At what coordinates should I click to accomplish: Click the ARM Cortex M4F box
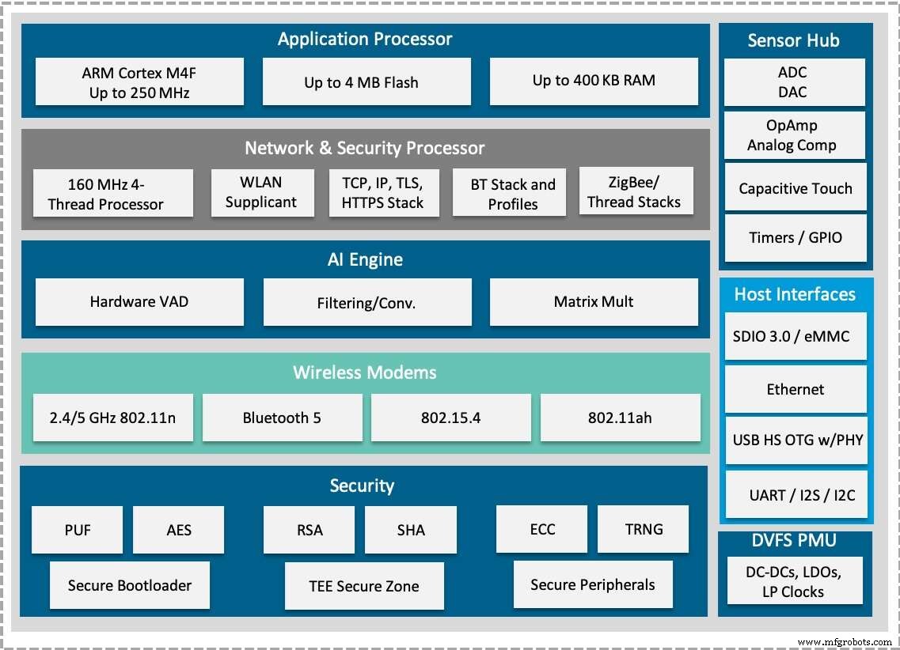[x=139, y=82]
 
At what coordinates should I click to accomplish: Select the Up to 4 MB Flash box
[x=366, y=82]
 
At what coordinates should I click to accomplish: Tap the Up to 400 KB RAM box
[x=594, y=81]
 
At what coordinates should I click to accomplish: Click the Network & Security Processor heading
[x=364, y=148]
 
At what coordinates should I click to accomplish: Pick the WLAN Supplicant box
[x=260, y=193]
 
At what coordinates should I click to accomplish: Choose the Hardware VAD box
[x=139, y=302]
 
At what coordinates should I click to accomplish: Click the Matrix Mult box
[x=594, y=302]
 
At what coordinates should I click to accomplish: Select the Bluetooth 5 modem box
[x=282, y=418]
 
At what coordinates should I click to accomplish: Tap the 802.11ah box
[x=620, y=418]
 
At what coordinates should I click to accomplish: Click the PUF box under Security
[x=78, y=530]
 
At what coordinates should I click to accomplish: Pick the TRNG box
[x=643, y=530]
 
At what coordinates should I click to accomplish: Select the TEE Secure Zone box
[x=364, y=586]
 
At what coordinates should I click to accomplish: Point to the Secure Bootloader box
[x=129, y=585]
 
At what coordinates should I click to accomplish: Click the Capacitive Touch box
[x=796, y=188]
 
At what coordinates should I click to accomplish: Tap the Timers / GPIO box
[x=796, y=237]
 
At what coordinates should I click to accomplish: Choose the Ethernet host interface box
[x=796, y=389]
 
